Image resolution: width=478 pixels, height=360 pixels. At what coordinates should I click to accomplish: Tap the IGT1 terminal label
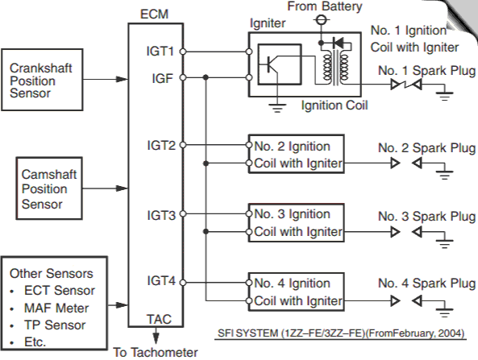(160, 52)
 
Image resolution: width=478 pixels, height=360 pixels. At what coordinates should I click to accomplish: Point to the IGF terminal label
(163, 78)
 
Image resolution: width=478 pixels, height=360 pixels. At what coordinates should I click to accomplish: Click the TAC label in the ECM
(159, 319)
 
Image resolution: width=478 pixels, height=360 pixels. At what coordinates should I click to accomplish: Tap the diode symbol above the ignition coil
(338, 43)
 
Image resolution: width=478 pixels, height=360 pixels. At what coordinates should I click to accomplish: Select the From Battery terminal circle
(320, 20)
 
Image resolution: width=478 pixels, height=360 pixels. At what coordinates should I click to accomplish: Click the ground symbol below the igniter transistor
(277, 108)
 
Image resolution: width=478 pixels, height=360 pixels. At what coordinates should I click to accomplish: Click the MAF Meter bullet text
(56, 308)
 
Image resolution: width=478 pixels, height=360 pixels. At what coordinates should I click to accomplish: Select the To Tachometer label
(156, 353)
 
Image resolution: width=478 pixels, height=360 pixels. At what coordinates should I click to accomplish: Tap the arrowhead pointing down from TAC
(156, 338)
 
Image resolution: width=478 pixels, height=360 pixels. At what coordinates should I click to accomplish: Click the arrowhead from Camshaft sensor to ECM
(122, 188)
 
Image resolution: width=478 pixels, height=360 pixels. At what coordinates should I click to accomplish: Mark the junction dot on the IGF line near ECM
(206, 77)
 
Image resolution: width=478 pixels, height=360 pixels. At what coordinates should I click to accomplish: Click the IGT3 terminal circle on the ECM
(183, 213)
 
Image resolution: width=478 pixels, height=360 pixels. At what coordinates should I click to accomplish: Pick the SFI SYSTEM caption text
(341, 333)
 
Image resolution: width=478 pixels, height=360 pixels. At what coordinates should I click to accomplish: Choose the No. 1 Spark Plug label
(426, 70)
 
